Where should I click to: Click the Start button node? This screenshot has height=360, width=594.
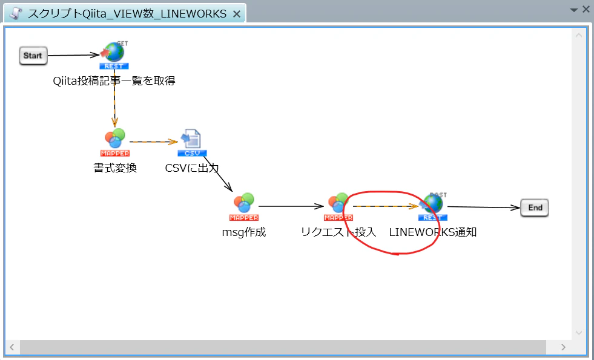(x=33, y=56)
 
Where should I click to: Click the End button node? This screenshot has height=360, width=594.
(x=535, y=208)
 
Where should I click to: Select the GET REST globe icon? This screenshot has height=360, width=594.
(x=114, y=55)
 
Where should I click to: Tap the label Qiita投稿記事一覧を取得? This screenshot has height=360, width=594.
(x=114, y=81)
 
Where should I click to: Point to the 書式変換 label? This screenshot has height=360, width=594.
(x=115, y=168)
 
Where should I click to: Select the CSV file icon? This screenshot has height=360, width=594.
(x=192, y=143)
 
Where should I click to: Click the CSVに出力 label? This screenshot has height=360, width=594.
(x=192, y=168)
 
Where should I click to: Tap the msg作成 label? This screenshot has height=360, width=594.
(x=243, y=232)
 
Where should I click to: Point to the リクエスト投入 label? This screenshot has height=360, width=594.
(x=338, y=232)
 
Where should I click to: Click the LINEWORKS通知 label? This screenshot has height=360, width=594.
(x=432, y=232)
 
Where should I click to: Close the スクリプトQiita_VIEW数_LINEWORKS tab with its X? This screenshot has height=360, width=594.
(x=236, y=14)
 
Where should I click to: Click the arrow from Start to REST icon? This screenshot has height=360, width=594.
(x=74, y=55)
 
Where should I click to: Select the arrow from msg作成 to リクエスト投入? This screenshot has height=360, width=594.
(x=291, y=206)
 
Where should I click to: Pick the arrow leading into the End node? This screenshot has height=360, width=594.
(x=484, y=207)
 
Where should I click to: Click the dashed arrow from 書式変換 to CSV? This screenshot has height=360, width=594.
(x=153, y=142)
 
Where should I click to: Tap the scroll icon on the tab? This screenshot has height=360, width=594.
(x=15, y=14)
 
